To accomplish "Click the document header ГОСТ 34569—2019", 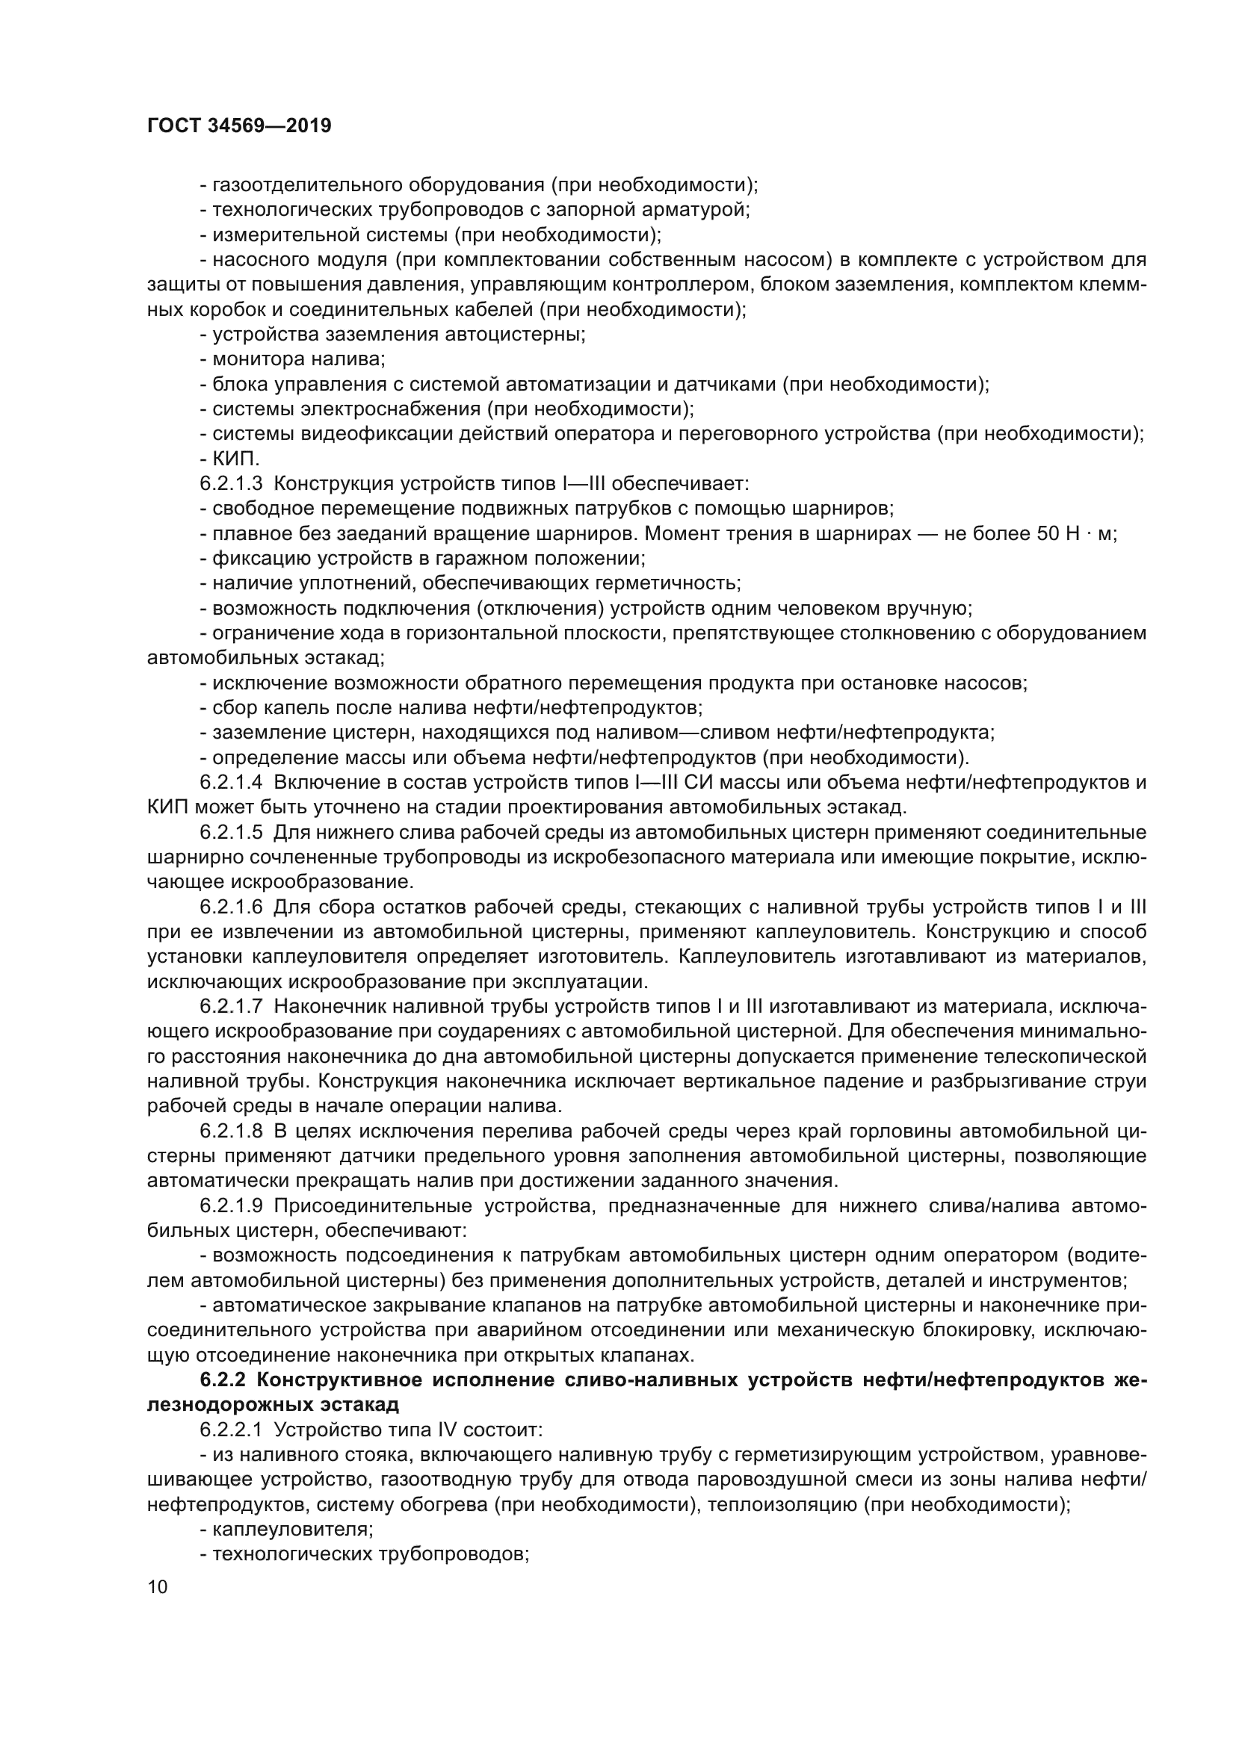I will tap(239, 126).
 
